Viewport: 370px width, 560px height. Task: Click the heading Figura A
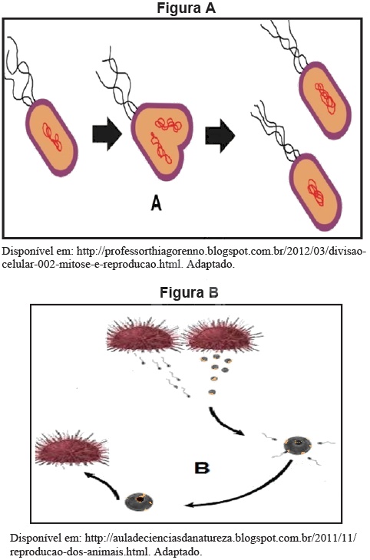[x=186, y=8]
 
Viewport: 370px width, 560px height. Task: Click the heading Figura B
[x=189, y=292]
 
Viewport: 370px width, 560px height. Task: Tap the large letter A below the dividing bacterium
[x=157, y=204]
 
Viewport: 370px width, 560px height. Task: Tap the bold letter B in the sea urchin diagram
[x=202, y=468]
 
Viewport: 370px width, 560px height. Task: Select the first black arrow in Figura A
[x=107, y=135]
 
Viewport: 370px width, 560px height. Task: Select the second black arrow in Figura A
[x=220, y=136]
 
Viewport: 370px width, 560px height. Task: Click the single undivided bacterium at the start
[x=52, y=138]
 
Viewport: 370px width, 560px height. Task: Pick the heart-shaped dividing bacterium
[x=161, y=141]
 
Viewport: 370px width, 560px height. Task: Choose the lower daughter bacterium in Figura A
[x=315, y=192]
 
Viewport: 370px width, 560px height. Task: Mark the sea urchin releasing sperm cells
[x=144, y=336]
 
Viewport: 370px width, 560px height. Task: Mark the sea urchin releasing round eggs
[x=223, y=336]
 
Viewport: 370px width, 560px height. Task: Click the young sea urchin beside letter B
[x=71, y=450]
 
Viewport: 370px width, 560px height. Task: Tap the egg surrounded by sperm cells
[x=298, y=446]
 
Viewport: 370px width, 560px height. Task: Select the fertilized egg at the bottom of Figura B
[x=140, y=502]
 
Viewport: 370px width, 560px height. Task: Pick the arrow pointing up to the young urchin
[x=104, y=483]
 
